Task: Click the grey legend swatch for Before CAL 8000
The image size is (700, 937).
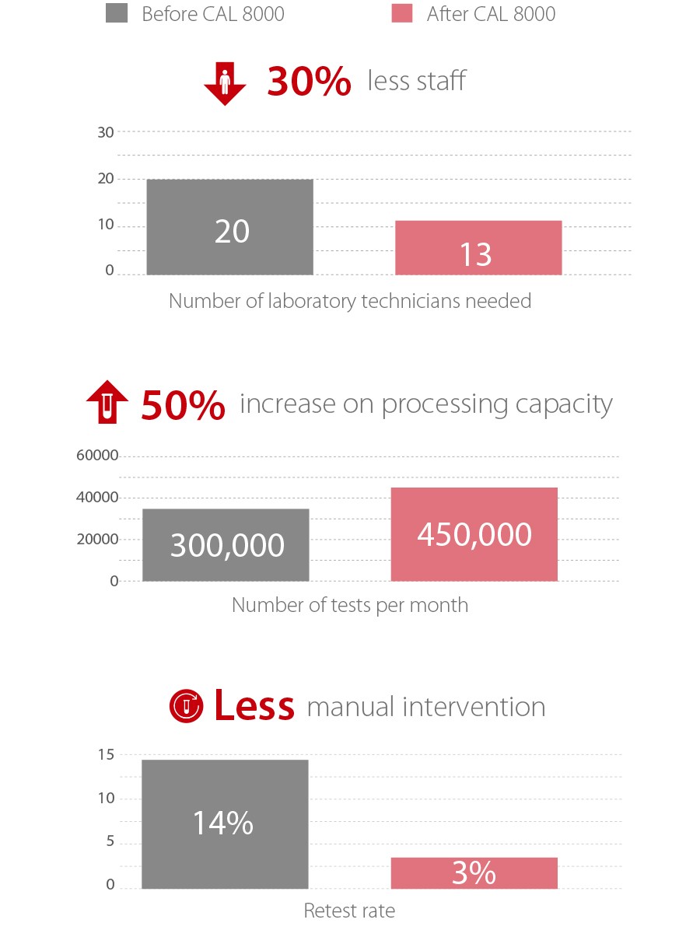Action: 117,13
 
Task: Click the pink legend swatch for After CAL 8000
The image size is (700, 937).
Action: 401,13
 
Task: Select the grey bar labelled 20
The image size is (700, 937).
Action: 229,227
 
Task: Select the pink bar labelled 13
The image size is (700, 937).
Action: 478,248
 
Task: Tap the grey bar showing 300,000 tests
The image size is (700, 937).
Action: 226,544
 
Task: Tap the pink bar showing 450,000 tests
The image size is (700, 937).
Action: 474,534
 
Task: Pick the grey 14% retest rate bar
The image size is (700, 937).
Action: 225,824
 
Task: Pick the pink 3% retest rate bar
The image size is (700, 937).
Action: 474,873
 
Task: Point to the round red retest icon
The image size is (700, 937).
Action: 186,704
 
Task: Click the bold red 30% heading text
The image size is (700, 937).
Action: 309,82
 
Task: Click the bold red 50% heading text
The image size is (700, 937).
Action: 184,405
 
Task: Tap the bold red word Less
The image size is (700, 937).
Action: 254,706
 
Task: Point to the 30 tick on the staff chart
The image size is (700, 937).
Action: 106,132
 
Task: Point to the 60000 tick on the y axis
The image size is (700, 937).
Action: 97,456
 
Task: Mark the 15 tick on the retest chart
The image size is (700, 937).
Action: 107,754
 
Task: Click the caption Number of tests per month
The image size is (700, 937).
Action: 350,605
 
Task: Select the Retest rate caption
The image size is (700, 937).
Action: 349,911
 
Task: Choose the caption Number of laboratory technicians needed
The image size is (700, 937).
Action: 350,301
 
